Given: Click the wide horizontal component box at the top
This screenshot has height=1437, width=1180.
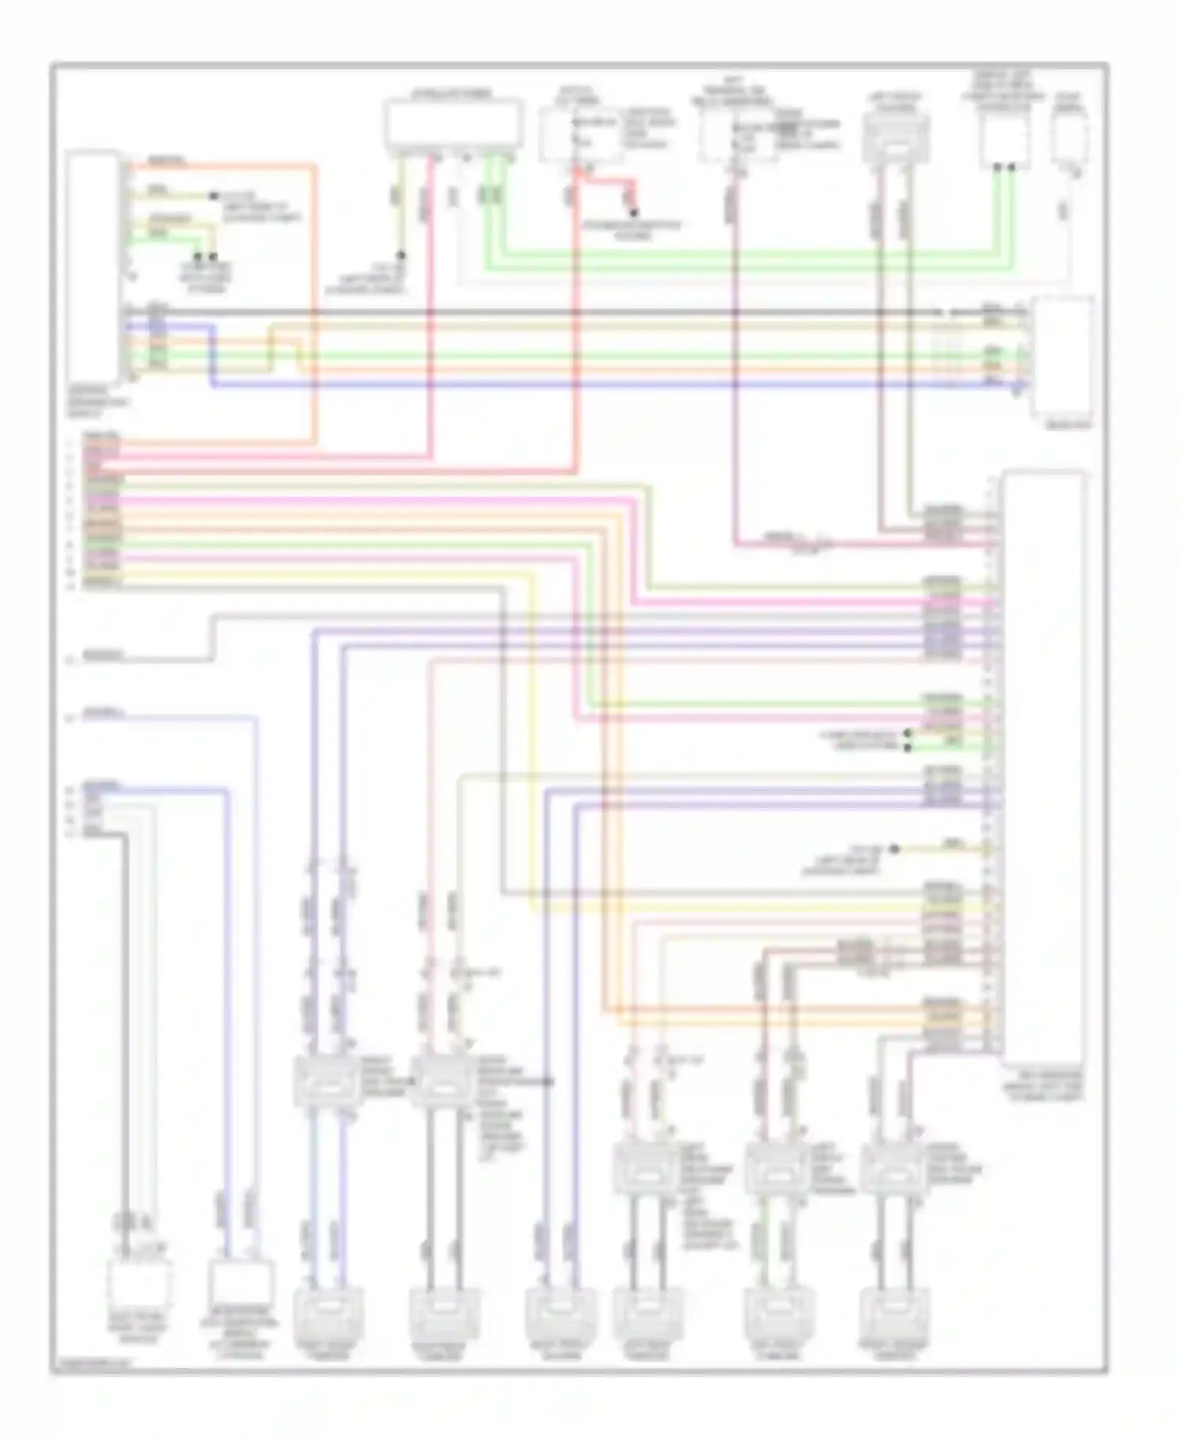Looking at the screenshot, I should point(453,123).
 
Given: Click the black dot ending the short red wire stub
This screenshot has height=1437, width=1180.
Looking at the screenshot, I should point(633,212).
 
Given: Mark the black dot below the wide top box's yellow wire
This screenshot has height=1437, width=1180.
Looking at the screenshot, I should point(400,256).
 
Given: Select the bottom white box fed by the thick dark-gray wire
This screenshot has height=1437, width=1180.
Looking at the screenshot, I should point(139,1284).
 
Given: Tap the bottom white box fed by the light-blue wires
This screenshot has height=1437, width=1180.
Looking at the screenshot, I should point(242,1284).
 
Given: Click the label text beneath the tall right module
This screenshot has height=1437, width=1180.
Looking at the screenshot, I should point(1042,1086).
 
